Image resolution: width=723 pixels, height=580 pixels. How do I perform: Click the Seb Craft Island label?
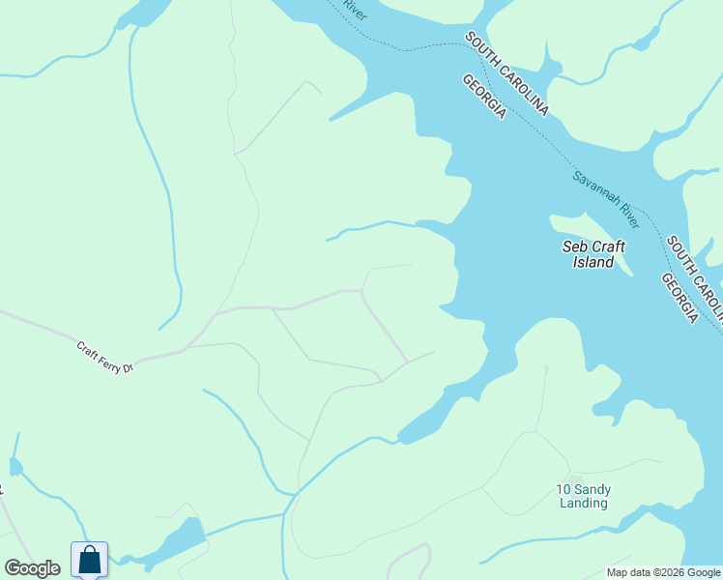point(593,254)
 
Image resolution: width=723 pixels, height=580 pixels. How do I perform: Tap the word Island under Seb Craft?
point(593,262)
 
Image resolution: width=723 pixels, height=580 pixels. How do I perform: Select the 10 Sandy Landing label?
point(584,496)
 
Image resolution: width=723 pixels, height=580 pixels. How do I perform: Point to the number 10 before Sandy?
point(564,489)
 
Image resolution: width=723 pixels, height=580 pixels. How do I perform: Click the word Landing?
point(584,503)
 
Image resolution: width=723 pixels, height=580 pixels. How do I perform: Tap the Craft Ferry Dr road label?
point(103,356)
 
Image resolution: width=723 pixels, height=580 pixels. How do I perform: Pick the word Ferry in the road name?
point(107,358)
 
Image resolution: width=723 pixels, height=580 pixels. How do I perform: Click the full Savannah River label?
point(606,194)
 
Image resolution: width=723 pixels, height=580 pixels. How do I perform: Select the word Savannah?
point(593,186)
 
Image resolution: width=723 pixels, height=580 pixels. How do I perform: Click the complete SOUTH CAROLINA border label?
point(506,73)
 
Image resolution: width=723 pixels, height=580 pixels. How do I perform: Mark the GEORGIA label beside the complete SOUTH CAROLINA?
point(484,98)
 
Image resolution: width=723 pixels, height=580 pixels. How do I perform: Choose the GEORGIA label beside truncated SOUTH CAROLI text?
point(680,298)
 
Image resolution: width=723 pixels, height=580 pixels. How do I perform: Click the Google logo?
point(32,568)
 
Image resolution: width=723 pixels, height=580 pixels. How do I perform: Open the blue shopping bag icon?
point(89,559)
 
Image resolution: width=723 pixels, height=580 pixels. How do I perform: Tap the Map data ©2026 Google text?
point(664,572)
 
